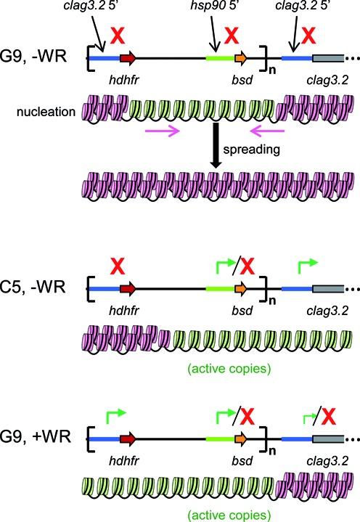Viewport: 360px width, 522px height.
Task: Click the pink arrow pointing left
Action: click(x=267, y=132)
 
